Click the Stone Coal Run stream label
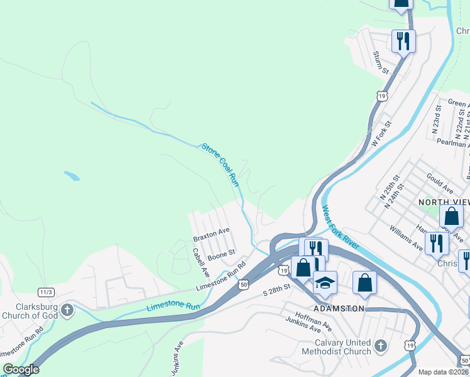(221, 165)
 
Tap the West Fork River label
(344, 234)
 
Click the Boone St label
(221, 255)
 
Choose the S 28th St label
(277, 290)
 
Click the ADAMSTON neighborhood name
(339, 309)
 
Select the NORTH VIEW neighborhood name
(444, 202)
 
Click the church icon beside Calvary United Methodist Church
(380, 346)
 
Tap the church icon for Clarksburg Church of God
(67, 310)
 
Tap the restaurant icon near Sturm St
(402, 41)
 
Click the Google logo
(21, 369)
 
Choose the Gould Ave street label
(439, 183)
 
